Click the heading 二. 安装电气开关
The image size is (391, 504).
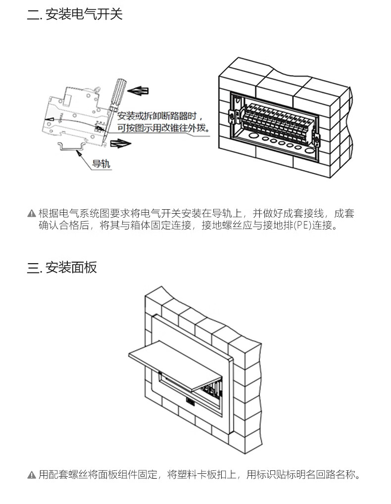75,14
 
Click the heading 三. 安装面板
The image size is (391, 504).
62,268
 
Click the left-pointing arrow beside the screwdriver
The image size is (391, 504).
138,91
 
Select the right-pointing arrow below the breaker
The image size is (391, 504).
121,143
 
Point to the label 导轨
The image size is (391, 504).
101,164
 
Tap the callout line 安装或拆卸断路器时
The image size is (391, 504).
160,116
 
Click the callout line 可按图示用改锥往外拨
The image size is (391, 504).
163,128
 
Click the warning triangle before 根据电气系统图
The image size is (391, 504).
32,214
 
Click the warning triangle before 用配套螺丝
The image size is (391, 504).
32,475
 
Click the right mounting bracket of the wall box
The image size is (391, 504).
317,140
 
